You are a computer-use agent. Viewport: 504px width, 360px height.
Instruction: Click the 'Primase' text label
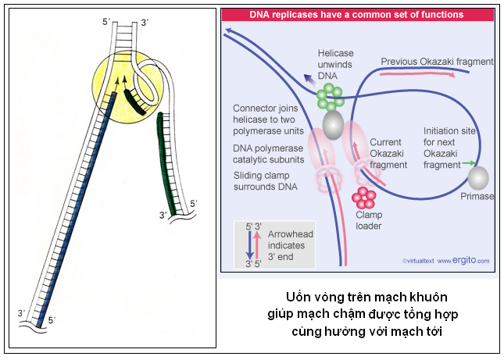[x=478, y=197]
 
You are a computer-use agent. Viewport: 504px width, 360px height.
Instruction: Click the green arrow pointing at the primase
[x=467, y=163]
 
